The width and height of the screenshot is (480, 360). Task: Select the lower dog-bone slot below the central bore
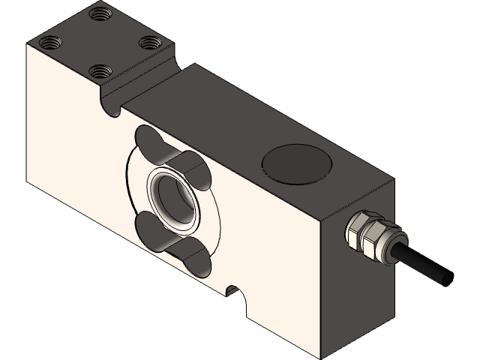(174, 241)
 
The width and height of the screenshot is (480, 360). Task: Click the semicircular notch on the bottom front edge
(235, 293)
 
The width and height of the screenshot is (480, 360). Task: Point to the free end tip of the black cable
(448, 277)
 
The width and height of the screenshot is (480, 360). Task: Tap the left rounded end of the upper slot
(146, 139)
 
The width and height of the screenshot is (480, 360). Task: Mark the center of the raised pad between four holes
(100, 42)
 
